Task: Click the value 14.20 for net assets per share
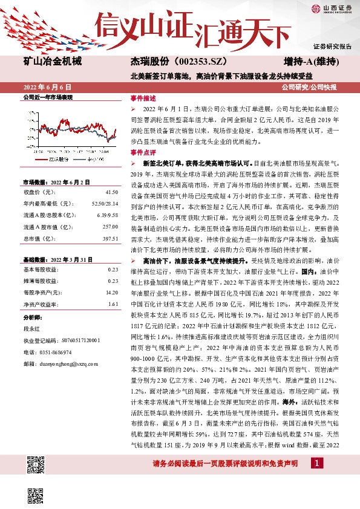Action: click(111, 292)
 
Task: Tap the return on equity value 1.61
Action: click(113, 303)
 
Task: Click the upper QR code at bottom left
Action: click(36, 465)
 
